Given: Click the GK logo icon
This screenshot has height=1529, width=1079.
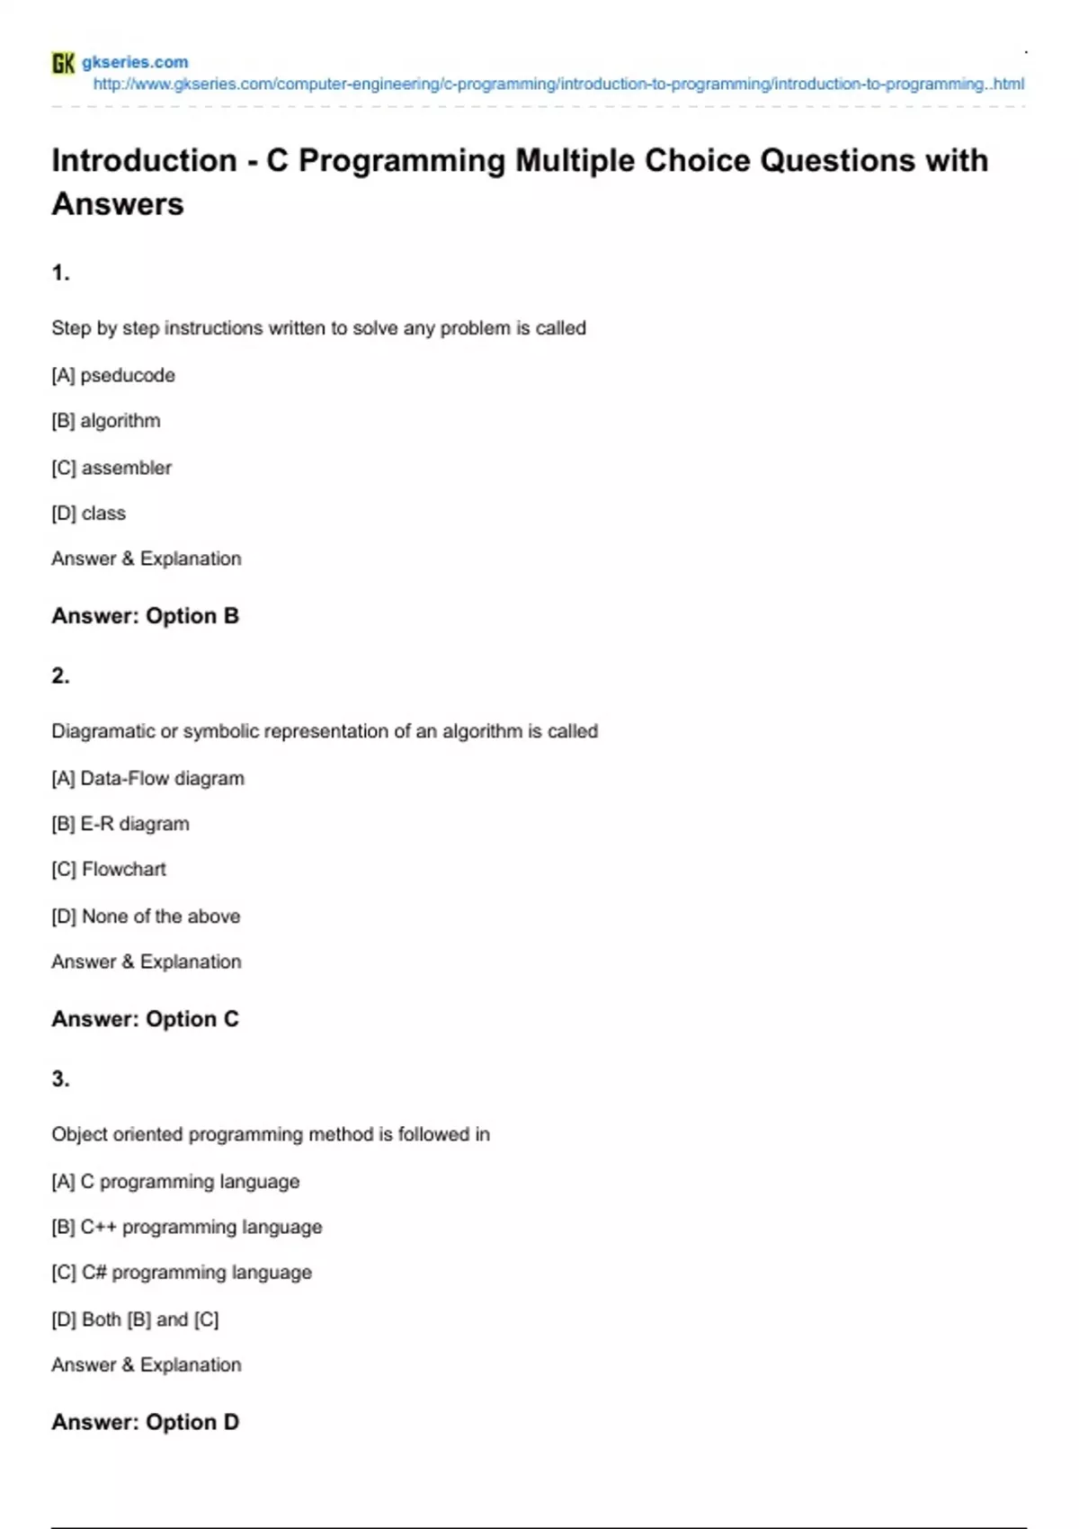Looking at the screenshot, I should (63, 63).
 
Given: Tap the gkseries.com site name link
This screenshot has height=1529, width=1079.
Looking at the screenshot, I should (135, 62).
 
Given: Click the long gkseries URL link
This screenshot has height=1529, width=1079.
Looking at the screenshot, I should (557, 85).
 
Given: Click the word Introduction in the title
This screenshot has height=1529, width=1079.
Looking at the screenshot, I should (144, 161).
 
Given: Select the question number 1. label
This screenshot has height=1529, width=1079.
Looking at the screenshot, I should (60, 273).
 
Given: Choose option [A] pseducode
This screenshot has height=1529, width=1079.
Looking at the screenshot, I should (113, 375).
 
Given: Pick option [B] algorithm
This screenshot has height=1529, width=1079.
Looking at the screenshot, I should (106, 421).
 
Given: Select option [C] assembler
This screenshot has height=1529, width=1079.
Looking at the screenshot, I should (111, 468).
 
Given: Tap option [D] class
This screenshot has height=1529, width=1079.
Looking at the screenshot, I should (88, 514).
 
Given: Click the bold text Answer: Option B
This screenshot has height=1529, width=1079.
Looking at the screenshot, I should (145, 616).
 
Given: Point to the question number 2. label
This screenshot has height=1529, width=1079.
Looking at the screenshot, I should (60, 675).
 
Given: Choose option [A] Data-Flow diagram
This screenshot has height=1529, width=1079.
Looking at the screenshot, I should (147, 778).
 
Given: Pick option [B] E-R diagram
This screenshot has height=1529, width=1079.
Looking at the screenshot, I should (120, 824).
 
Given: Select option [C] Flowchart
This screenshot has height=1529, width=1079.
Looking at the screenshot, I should (109, 870).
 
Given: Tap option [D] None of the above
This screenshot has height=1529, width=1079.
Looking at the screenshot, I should (146, 917).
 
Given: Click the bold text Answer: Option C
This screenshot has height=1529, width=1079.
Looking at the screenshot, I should (145, 1019).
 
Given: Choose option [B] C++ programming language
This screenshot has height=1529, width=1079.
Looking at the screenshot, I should (186, 1227).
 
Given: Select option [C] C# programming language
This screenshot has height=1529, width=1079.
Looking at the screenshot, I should (182, 1273).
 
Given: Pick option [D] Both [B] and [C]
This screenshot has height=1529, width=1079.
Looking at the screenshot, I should (135, 1319).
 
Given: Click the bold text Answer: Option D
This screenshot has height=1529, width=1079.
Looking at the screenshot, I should (145, 1422).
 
